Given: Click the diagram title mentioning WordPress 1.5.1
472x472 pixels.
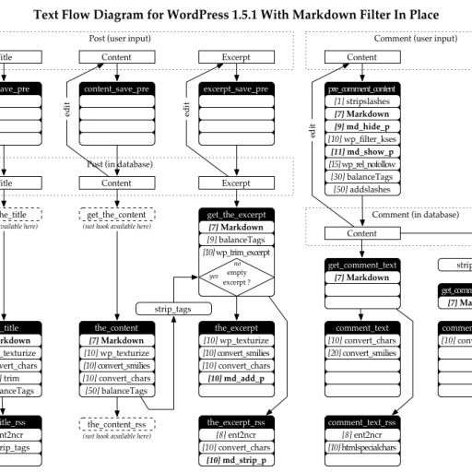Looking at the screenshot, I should (236, 15).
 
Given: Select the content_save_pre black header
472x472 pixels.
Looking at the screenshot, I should (116, 89).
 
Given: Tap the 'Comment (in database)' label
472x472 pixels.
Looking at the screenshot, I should (415, 215).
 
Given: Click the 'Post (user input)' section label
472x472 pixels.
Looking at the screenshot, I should (115, 39).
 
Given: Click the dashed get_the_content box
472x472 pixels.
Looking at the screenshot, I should (116, 215).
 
